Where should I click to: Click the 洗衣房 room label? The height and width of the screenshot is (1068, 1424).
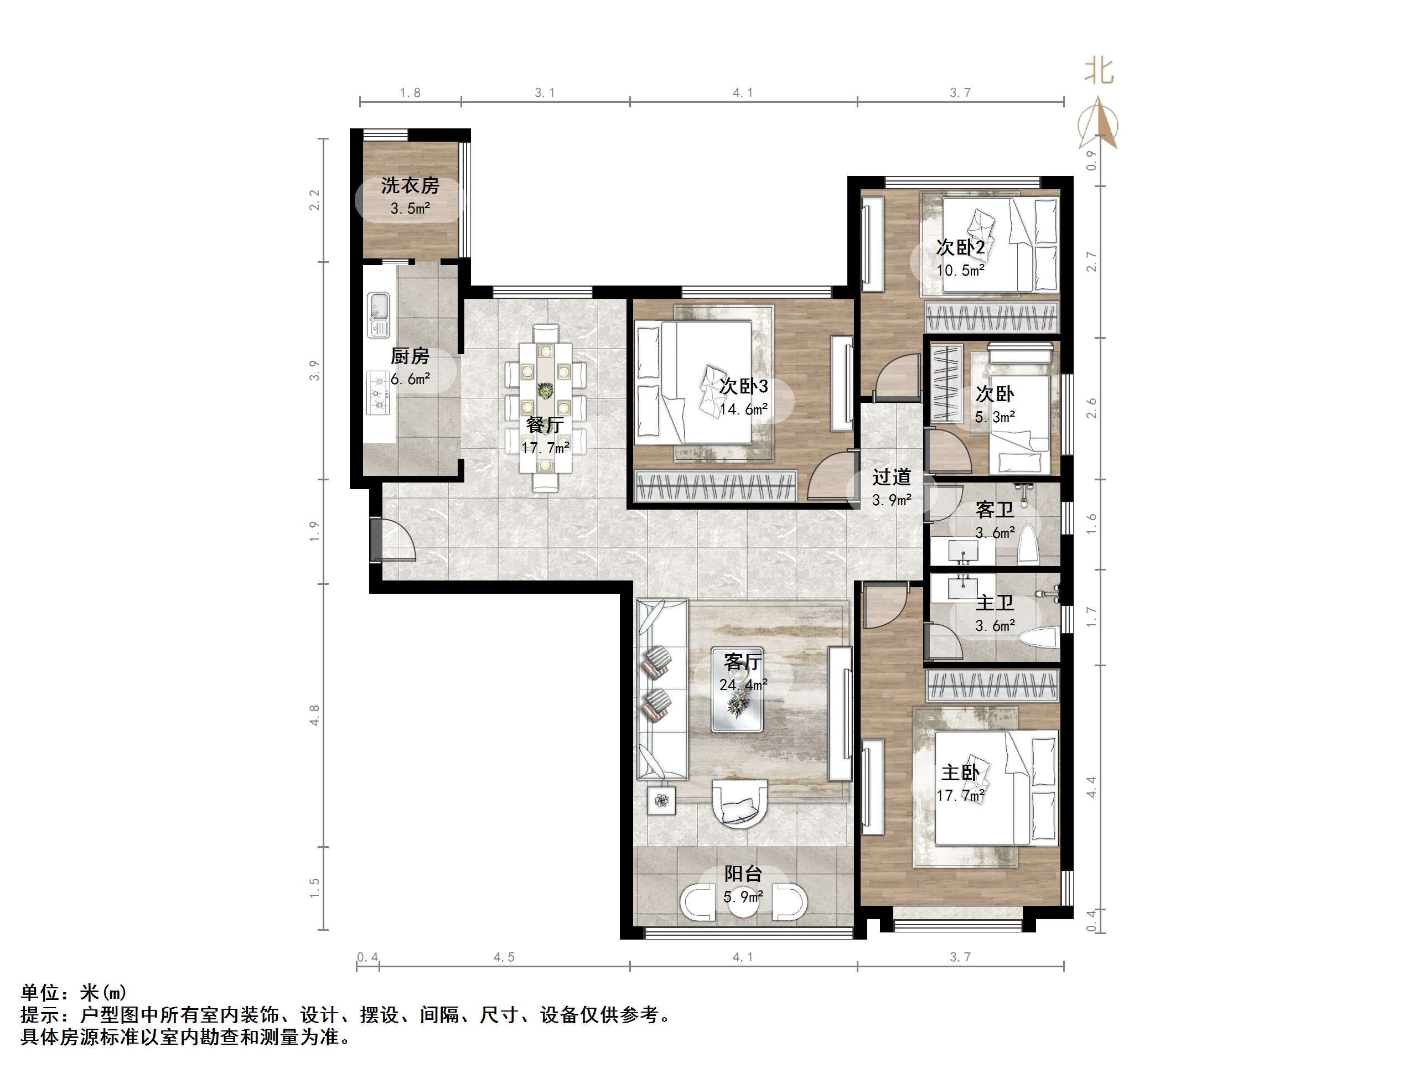click(x=410, y=185)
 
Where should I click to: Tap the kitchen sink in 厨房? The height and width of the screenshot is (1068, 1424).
click(x=379, y=315)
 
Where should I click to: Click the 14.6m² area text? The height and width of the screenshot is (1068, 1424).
click(x=743, y=409)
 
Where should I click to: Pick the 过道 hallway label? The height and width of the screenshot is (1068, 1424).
click(x=892, y=477)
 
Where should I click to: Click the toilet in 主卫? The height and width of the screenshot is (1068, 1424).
click(x=1038, y=638)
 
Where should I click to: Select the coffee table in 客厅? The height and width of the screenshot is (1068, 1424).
click(x=737, y=689)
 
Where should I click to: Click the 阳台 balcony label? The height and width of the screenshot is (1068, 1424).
click(x=743, y=874)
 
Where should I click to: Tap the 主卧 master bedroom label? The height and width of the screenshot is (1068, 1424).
click(x=960, y=773)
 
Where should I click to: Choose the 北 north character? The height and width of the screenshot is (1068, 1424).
click(x=1099, y=70)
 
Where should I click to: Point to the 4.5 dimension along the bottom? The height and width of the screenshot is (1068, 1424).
click(x=504, y=957)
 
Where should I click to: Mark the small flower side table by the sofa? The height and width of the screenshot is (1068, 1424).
click(x=662, y=801)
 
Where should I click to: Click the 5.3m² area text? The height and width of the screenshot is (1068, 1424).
click(x=995, y=417)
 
